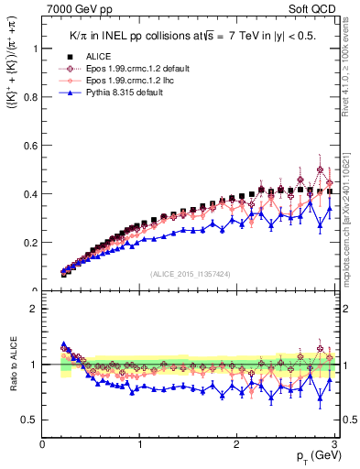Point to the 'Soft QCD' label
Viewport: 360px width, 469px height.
pos(316,7)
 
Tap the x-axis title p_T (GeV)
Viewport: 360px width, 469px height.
pos(315,455)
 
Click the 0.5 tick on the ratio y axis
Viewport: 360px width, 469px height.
pos(28,420)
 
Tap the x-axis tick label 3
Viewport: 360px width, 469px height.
pos(334,443)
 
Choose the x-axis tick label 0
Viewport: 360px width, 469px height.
pos(43,443)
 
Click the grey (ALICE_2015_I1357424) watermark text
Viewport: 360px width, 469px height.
pos(191,273)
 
